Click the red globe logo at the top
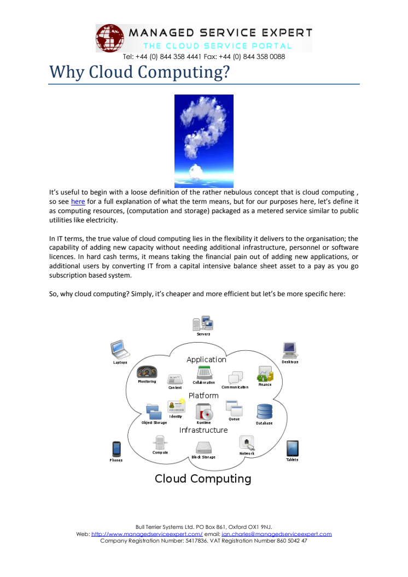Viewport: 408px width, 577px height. [x=110, y=38]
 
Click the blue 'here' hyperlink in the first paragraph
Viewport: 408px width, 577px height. [x=78, y=202]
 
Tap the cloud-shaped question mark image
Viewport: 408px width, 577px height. [x=203, y=142]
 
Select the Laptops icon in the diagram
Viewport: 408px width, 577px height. [x=120, y=350]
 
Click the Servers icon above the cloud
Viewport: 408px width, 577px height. [x=203, y=323]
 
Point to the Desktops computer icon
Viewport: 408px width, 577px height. [x=290, y=350]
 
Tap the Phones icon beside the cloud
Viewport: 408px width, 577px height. [x=116, y=449]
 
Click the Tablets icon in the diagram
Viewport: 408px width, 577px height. [x=293, y=449]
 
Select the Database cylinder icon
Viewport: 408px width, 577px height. [x=264, y=412]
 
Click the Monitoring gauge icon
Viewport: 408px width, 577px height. [x=147, y=372]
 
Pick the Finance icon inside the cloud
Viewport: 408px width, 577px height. [x=265, y=374]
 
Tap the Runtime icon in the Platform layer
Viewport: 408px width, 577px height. [x=204, y=412]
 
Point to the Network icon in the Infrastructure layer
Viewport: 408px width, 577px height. [x=247, y=443]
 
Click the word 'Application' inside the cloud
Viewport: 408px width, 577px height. [x=206, y=360]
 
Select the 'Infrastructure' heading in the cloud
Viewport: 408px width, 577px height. [x=203, y=430]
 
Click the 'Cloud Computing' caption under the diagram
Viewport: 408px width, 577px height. [x=203, y=479]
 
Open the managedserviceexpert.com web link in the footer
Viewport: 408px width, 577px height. [x=147, y=534]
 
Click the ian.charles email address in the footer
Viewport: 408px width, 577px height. [x=277, y=534]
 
